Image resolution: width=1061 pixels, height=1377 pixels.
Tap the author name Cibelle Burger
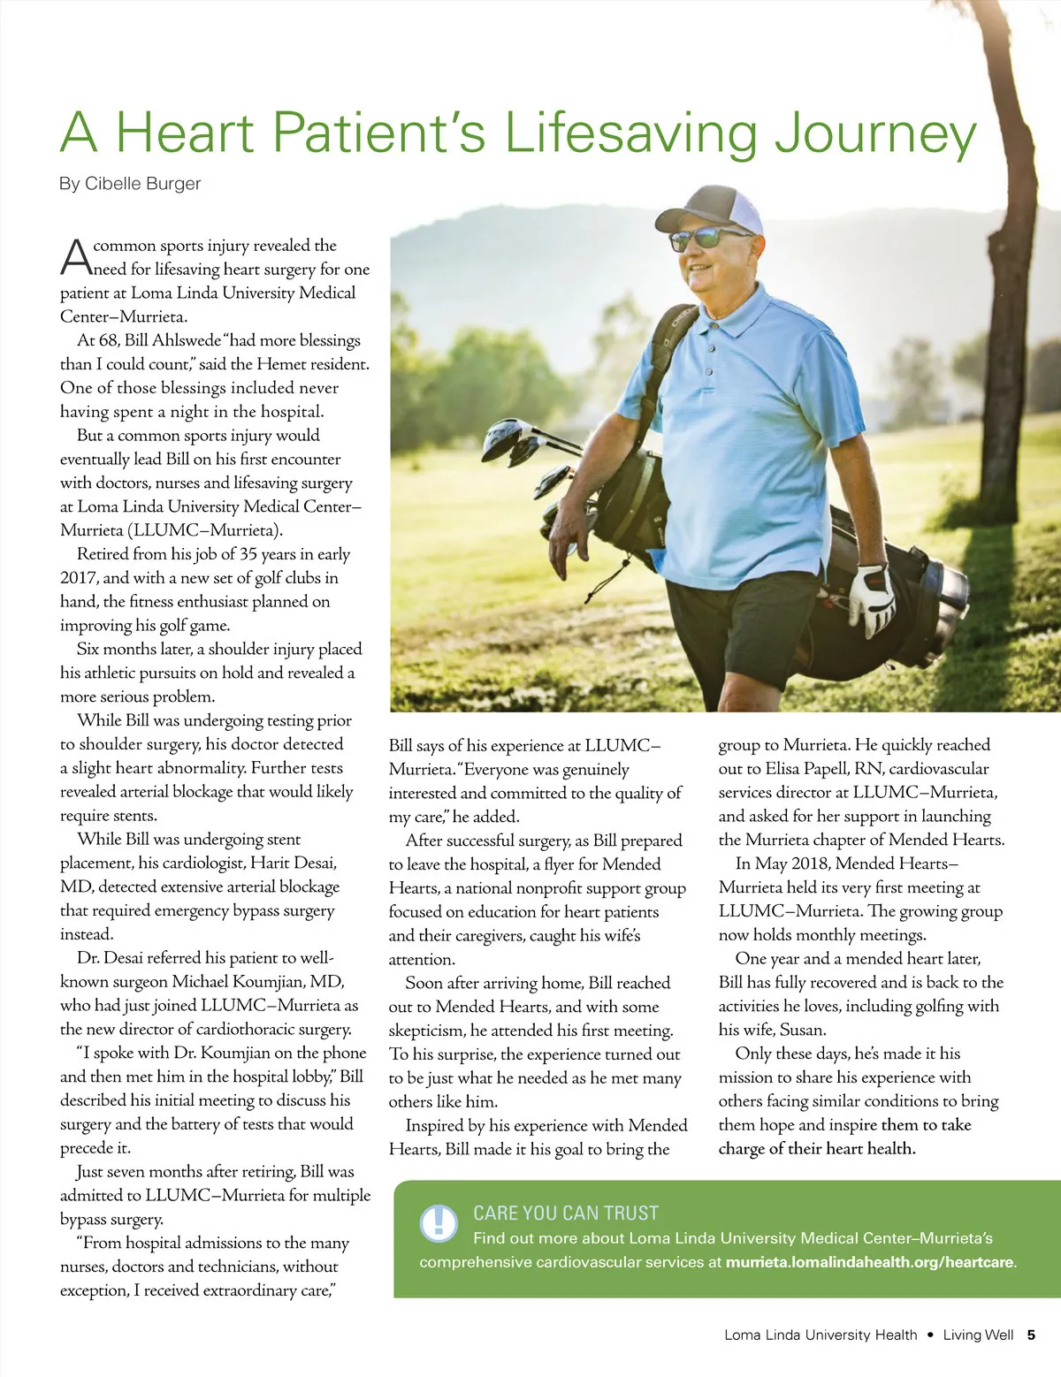click(142, 184)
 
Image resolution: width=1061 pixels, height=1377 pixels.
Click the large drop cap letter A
click(75, 256)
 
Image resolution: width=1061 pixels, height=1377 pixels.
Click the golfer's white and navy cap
click(714, 209)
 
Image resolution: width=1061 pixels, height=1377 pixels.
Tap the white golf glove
click(871, 597)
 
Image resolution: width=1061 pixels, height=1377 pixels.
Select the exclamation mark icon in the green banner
click(438, 1222)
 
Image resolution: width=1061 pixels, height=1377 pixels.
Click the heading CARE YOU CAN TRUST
click(566, 1213)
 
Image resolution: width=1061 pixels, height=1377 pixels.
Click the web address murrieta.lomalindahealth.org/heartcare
click(870, 1262)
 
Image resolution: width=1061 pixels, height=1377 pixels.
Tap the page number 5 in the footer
click(1031, 1335)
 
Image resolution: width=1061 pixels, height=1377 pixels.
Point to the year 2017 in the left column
click(78, 578)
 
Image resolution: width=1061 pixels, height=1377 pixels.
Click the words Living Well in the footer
click(978, 1335)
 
